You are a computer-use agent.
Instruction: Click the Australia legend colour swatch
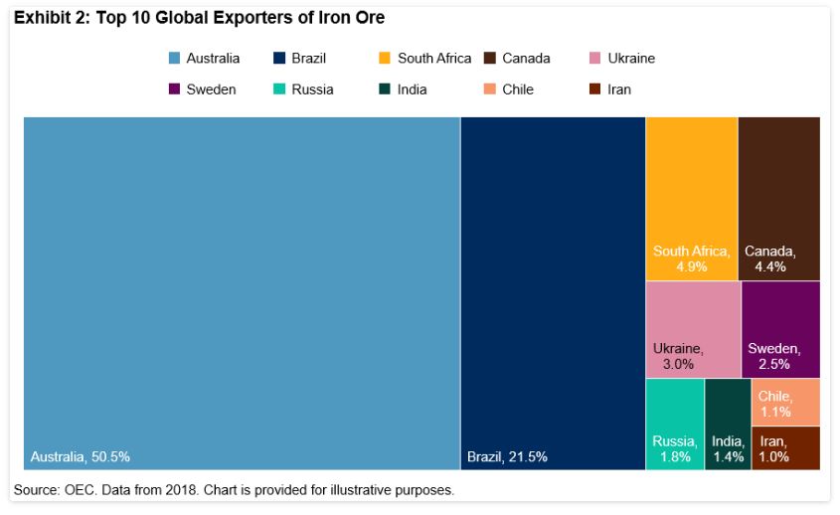(x=174, y=59)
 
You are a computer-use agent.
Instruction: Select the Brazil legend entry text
(x=308, y=59)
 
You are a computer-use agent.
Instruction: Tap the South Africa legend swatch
(x=385, y=59)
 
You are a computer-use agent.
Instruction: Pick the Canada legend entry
(x=526, y=59)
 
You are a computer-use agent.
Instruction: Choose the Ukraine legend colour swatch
(x=595, y=59)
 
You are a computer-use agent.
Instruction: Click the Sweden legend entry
(x=211, y=89)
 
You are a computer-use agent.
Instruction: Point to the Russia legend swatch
(x=279, y=89)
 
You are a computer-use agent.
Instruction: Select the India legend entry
(x=412, y=89)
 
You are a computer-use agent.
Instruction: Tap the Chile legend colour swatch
(x=490, y=89)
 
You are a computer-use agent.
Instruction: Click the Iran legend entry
(x=618, y=89)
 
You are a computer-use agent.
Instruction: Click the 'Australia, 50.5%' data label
(x=81, y=457)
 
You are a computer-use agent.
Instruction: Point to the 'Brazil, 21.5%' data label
(x=507, y=457)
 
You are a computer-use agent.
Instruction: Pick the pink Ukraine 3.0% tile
(x=692, y=328)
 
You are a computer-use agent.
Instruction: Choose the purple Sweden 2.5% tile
(x=780, y=328)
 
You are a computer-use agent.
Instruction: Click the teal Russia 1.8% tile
(x=674, y=423)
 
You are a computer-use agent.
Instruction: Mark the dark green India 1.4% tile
(x=728, y=423)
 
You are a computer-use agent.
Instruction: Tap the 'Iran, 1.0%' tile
(x=785, y=447)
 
